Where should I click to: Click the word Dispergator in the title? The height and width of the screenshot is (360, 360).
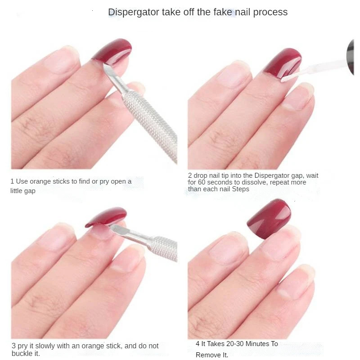[x=133, y=12]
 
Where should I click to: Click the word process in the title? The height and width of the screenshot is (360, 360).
[x=270, y=12]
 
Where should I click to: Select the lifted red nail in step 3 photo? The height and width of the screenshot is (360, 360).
[x=106, y=216]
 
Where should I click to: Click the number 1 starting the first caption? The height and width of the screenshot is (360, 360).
[x=12, y=181]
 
